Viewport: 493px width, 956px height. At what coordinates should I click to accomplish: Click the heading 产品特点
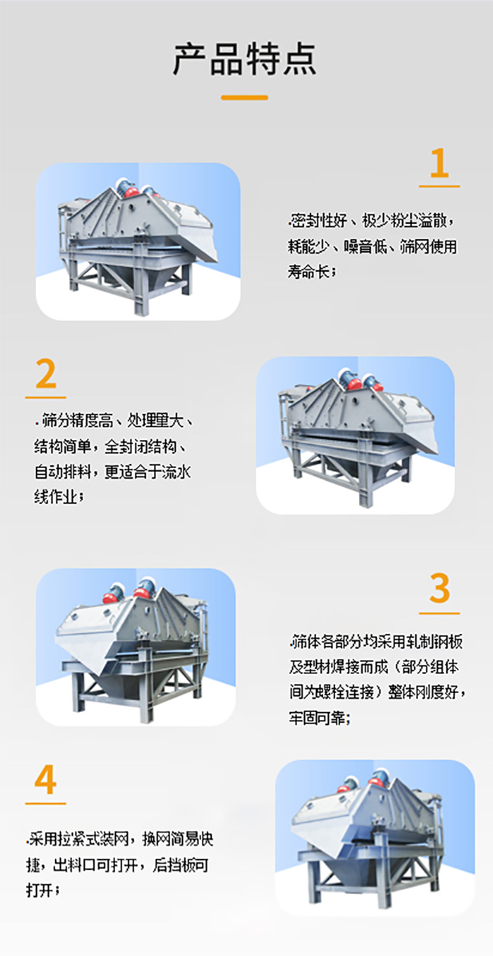pyautogui.click(x=245, y=59)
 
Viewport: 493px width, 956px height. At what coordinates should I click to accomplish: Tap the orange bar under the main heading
pyautogui.click(x=245, y=97)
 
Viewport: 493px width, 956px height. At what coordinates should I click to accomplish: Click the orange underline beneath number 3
pyautogui.click(x=439, y=613)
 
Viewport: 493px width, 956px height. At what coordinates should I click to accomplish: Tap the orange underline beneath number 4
pyautogui.click(x=45, y=803)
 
